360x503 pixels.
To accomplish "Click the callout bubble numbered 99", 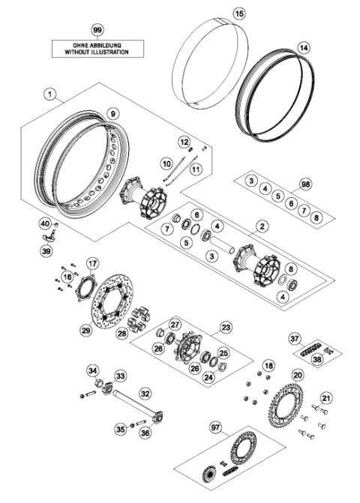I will pos(96,29).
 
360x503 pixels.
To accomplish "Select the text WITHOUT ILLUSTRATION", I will pos(96,52).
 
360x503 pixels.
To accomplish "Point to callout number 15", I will pos(218,13).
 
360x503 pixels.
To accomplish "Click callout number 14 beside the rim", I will pos(302,46).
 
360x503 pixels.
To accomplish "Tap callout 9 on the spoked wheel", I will pos(112,113).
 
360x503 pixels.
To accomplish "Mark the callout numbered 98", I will pos(305,183).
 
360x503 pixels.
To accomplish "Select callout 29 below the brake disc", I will pos(85,330).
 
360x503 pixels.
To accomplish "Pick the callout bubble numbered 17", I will pos(92,263).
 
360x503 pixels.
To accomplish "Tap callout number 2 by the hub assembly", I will pos(262,225).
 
